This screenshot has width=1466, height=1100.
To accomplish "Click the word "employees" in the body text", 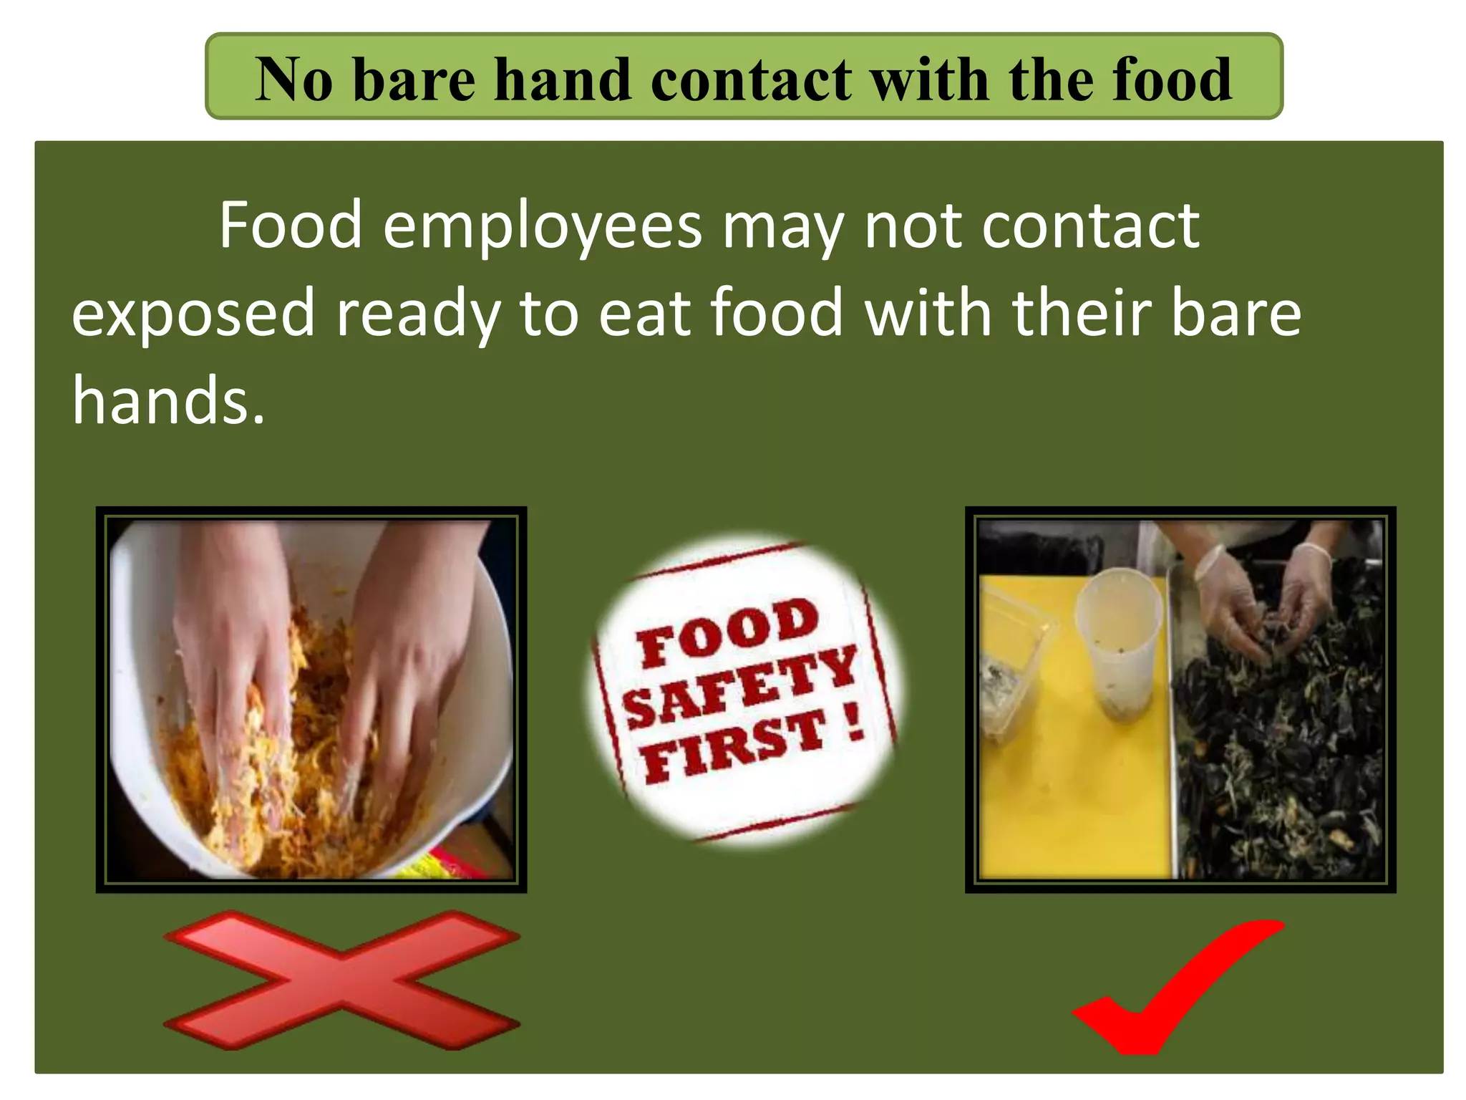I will pyautogui.click(x=542, y=226).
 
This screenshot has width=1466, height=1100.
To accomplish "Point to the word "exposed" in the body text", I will pyautogui.click(x=193, y=314).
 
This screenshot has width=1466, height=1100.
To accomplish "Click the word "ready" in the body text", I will pyautogui.click(x=418, y=314).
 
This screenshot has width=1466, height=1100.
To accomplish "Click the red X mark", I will pyautogui.click(x=342, y=979).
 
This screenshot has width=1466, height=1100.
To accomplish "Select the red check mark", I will pyautogui.click(x=1174, y=988).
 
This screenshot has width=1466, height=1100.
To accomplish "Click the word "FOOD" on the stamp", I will pyautogui.click(x=727, y=632).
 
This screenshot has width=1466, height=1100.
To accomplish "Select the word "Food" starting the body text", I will pyautogui.click(x=291, y=226).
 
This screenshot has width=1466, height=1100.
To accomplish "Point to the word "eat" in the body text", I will pyautogui.click(x=644, y=314).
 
